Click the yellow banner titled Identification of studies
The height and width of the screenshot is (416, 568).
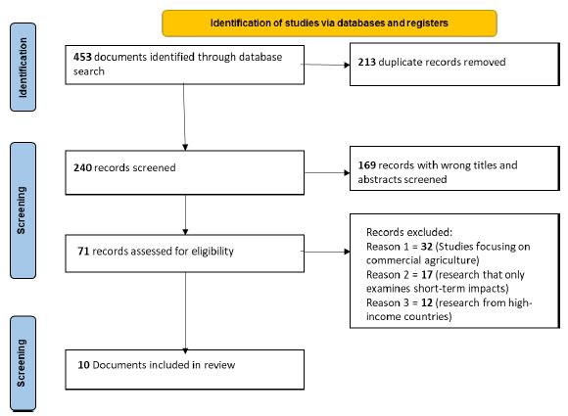[x=329, y=23]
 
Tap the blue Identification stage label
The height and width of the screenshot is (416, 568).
[x=23, y=67]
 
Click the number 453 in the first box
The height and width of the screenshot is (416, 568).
[x=82, y=57]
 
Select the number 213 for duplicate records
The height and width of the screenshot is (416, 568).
[x=366, y=62]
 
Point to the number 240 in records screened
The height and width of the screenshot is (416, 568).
[x=82, y=167]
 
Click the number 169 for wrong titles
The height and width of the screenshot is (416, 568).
[x=366, y=165]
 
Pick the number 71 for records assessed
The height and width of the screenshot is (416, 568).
[x=83, y=251]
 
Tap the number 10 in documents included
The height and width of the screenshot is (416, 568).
[x=83, y=364]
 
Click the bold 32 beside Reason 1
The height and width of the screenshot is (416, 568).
[x=427, y=247]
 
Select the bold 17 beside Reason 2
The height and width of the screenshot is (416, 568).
[x=427, y=275]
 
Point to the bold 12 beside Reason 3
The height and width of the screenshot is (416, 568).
[x=427, y=302]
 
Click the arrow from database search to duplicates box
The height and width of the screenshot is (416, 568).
[x=325, y=65]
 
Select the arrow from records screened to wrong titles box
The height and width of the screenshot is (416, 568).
[x=327, y=172]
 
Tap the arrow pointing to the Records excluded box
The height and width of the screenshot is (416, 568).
[x=325, y=252]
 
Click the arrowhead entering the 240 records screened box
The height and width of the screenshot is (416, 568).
[x=185, y=148]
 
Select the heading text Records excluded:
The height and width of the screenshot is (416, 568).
[x=409, y=232]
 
